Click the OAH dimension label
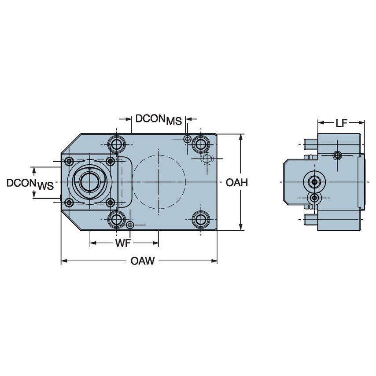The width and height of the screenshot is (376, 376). (236, 182)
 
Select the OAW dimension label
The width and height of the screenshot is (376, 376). (143, 261)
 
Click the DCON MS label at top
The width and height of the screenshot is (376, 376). (158, 119)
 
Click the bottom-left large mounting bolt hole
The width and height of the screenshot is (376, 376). (117, 219)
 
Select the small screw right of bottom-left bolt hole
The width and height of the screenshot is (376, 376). (129, 225)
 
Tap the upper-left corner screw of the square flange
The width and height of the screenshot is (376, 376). (69, 161)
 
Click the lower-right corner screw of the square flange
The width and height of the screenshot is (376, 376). (111, 203)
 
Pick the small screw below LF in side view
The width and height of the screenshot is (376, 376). (337, 155)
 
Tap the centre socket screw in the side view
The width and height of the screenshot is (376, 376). (314, 182)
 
